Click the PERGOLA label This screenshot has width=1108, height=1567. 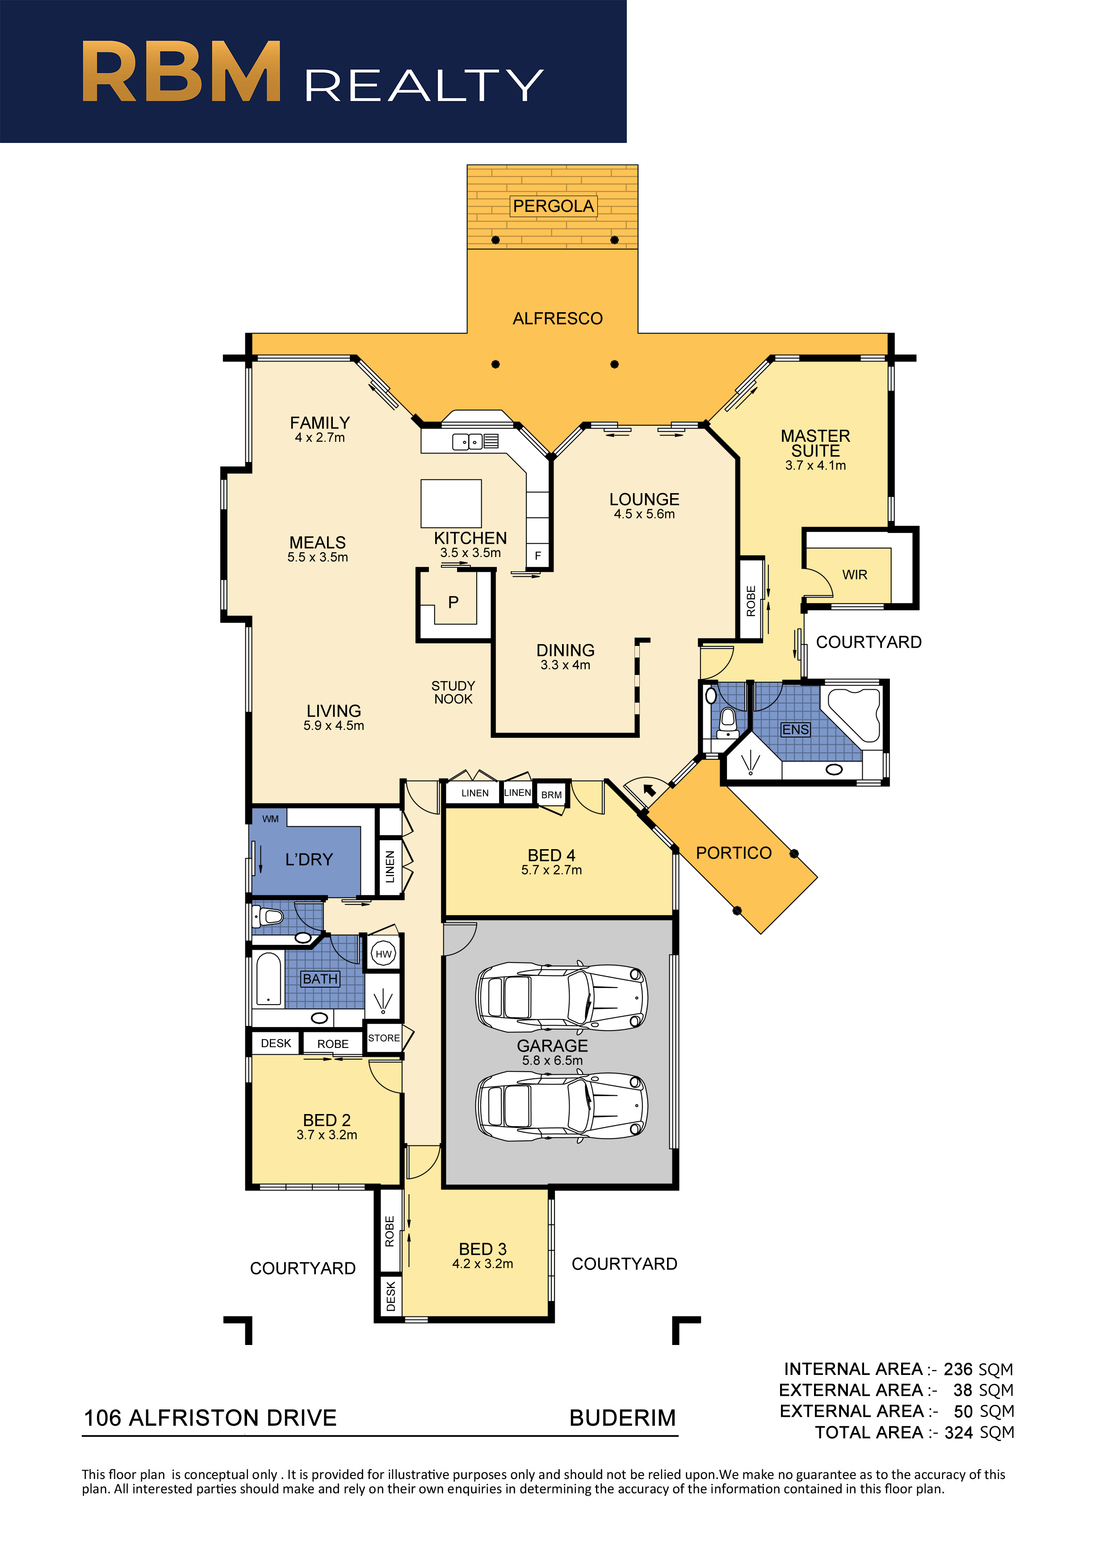pos(553,206)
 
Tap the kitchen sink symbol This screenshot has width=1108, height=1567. pos(468,442)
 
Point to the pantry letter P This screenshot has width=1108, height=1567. pos(453,602)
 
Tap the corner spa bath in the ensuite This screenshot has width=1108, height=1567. pos(855,714)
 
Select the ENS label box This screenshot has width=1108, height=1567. pos(795,729)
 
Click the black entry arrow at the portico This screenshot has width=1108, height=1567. pos(649,790)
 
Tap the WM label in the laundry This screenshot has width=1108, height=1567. pos(270,819)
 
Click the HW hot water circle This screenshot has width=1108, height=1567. pos(384,954)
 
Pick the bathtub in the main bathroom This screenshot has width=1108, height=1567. pos(269,979)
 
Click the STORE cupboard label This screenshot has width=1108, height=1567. pos(384,1038)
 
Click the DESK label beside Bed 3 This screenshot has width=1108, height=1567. pos(390,1296)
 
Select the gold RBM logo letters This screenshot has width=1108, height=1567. pos(181,71)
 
